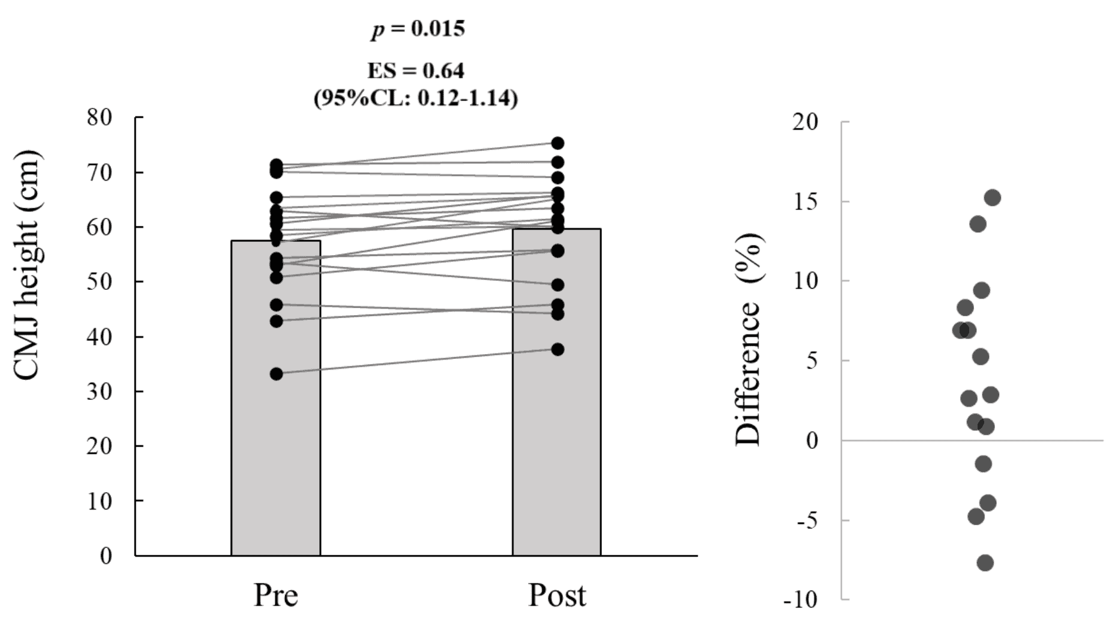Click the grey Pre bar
275,456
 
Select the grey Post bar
556,456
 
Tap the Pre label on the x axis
275,596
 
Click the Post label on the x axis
557,596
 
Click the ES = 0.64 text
416,71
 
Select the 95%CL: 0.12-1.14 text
416,98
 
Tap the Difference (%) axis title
748,339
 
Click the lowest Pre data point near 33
277,374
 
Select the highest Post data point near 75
557,143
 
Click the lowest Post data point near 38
557,349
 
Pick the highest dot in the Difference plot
993,197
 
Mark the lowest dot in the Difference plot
985,562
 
